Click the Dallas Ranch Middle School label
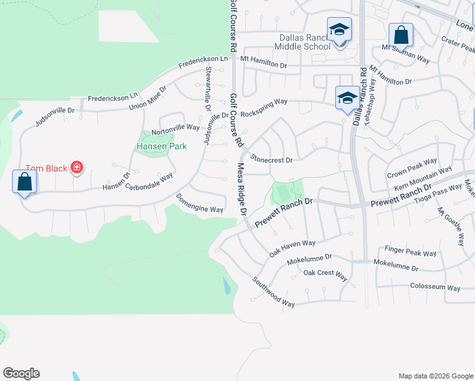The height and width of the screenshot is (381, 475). click(302, 42)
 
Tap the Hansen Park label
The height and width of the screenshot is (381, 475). click(161, 146)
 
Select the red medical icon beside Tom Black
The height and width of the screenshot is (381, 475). click(77, 168)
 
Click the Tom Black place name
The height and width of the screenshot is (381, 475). click(47, 168)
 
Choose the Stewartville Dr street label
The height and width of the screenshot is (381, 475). click(207, 89)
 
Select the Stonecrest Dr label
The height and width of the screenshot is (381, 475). click(271, 159)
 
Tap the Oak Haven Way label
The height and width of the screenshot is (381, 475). click(292, 248)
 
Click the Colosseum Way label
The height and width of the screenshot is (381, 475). click(435, 287)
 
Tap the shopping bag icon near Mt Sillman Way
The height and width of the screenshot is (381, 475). click(401, 34)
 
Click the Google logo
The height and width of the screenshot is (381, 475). click(21, 373)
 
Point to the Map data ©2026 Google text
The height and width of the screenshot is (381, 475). click(435, 376)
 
